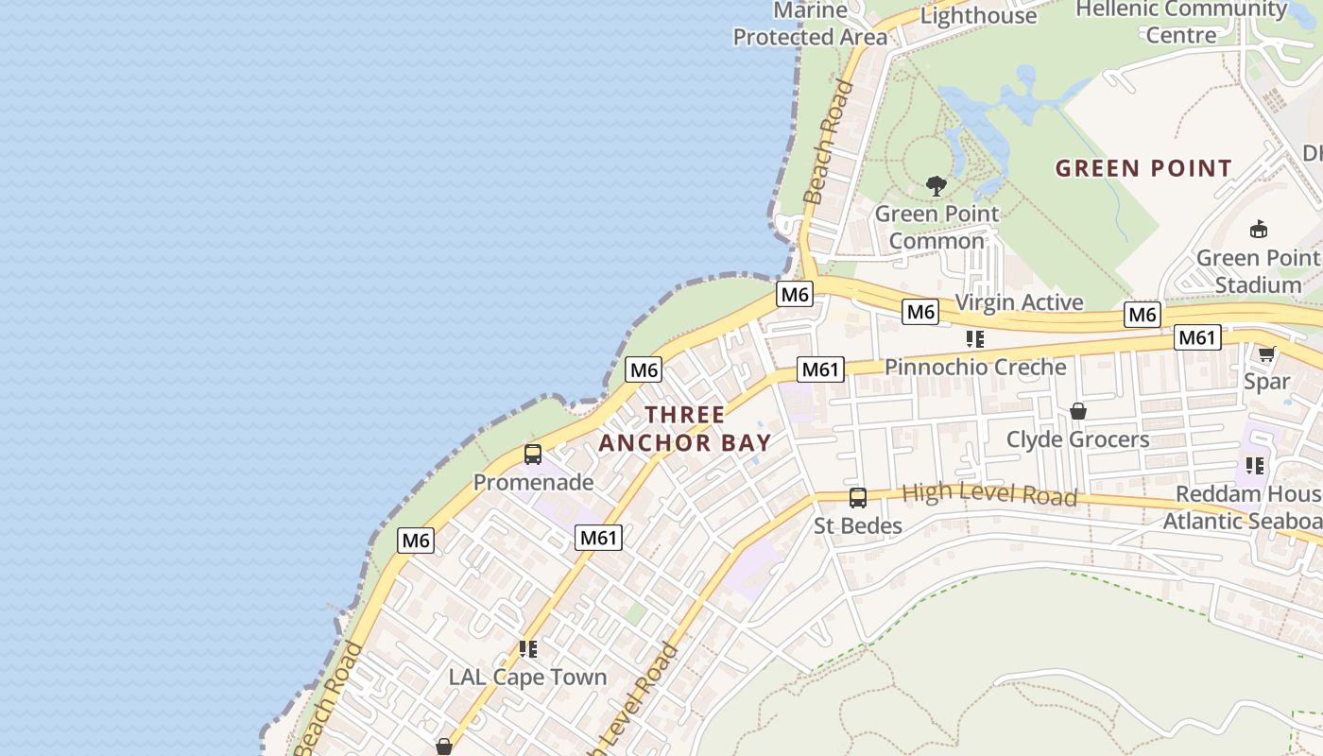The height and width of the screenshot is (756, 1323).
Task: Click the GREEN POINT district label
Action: [x=1143, y=169]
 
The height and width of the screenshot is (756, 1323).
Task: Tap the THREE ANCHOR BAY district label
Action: [x=685, y=428]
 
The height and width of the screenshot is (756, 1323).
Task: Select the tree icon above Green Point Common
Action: [x=936, y=186]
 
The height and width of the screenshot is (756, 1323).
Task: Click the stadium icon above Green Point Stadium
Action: [x=1259, y=230]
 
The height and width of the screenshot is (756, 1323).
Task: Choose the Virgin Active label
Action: [x=1019, y=302]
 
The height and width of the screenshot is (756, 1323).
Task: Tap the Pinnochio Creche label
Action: [x=975, y=367]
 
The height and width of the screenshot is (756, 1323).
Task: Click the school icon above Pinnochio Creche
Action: [x=975, y=339]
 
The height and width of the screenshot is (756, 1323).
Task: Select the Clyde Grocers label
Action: [x=1077, y=439]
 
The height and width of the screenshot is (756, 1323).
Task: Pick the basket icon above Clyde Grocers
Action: [x=1077, y=411]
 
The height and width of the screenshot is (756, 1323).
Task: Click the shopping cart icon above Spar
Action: [x=1266, y=354]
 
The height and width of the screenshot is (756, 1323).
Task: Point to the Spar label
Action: [x=1266, y=382]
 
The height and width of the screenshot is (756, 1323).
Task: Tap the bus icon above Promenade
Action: [x=533, y=455]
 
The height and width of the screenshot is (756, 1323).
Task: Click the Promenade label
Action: [x=533, y=482]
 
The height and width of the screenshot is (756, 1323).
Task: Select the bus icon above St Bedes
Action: [x=858, y=498]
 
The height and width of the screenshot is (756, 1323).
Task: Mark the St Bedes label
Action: [x=858, y=525]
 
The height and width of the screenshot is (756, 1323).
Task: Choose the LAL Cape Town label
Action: [x=527, y=677]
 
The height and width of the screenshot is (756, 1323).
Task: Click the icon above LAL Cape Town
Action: [x=527, y=649]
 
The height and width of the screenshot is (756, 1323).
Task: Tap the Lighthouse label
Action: [x=978, y=15]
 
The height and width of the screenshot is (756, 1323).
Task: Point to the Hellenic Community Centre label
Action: [x=1181, y=21]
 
